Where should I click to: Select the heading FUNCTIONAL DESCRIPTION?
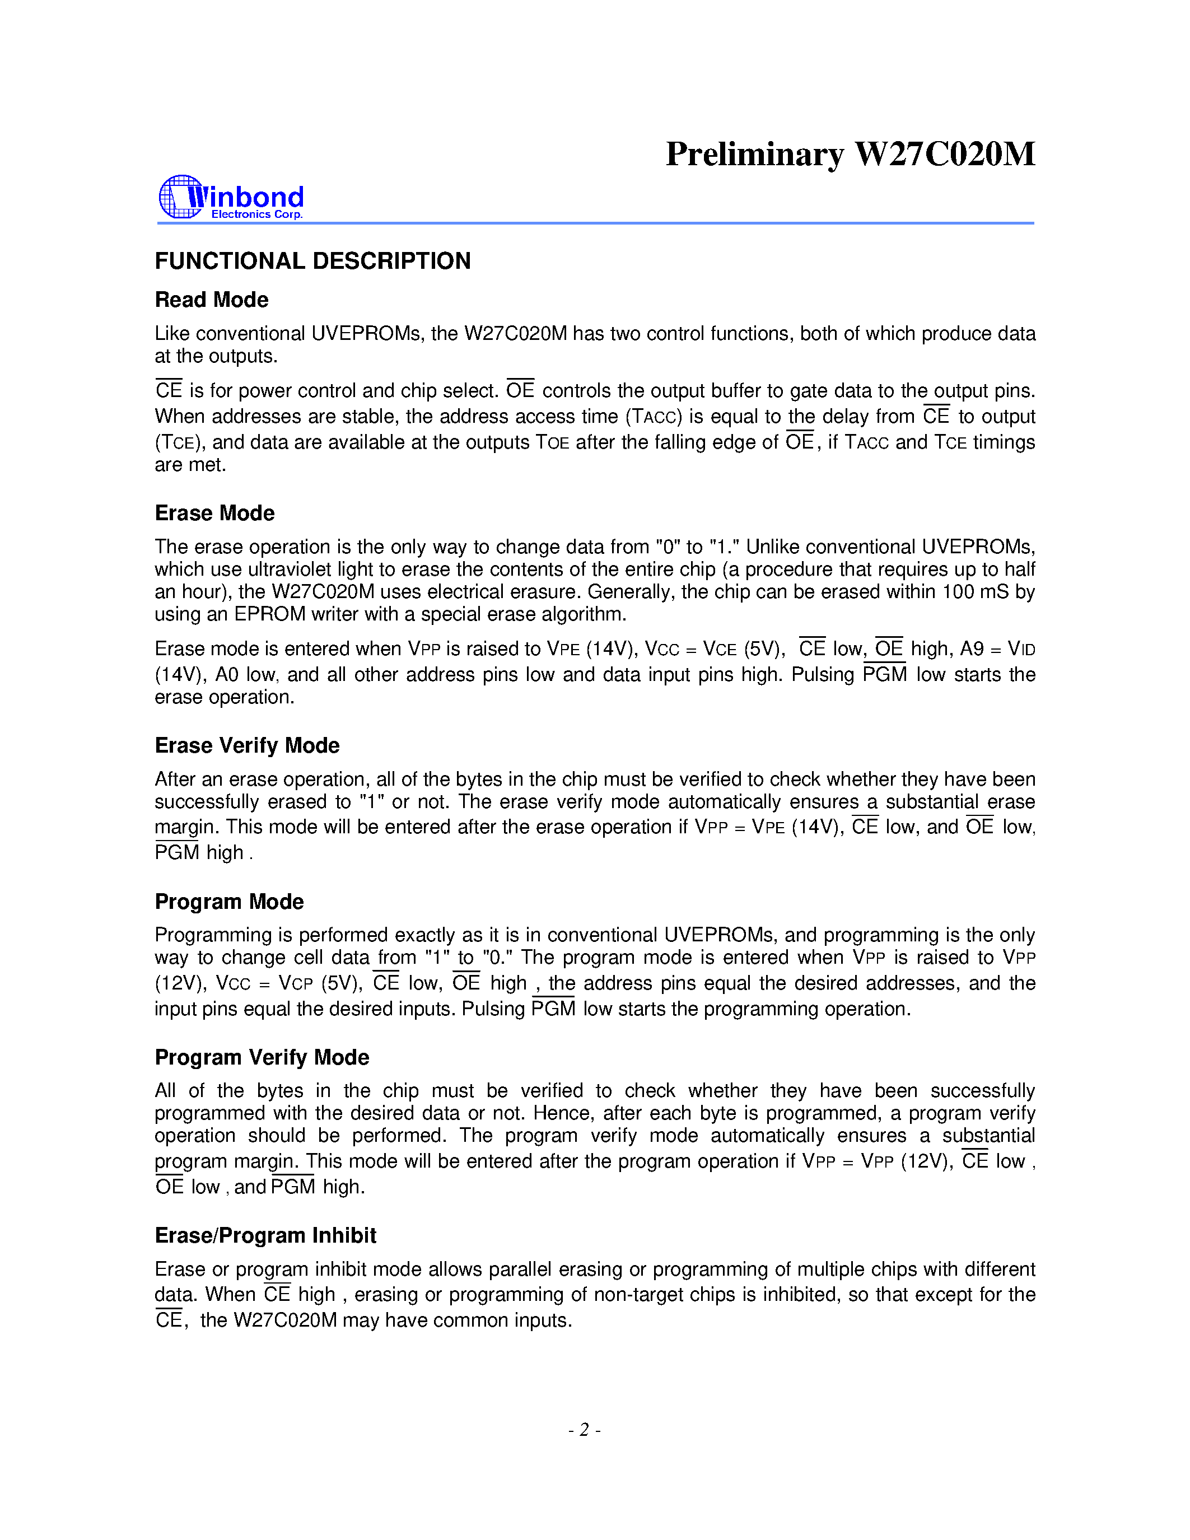point(312,261)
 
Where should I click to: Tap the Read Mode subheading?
point(212,300)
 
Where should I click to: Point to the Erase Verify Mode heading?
point(247,745)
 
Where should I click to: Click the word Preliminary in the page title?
point(754,155)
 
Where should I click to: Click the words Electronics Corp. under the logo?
point(256,214)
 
